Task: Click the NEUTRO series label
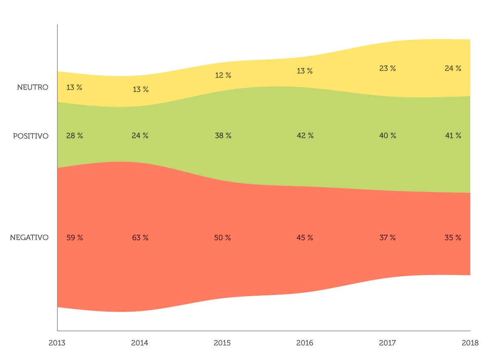pos(33,87)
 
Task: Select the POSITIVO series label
pos(30,136)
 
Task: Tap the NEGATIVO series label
pos(29,238)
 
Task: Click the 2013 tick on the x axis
pos(57,343)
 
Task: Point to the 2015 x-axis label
pos(222,343)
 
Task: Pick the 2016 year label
pos(305,343)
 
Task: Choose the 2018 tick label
pos(469,343)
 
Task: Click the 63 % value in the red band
pos(140,238)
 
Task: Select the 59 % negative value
pos(74,238)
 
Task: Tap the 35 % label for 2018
pos(453,238)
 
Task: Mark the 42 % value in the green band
pos(305,136)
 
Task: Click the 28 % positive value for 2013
pos(74,136)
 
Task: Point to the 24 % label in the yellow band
pos(453,68)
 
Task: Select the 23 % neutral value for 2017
pos(387,68)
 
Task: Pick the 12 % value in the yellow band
pos(223,75)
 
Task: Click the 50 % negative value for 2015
pos(222,238)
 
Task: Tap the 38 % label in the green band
pos(223,136)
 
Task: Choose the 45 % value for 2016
pos(305,238)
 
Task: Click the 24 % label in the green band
pos(140,136)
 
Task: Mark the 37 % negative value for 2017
pos(387,238)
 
